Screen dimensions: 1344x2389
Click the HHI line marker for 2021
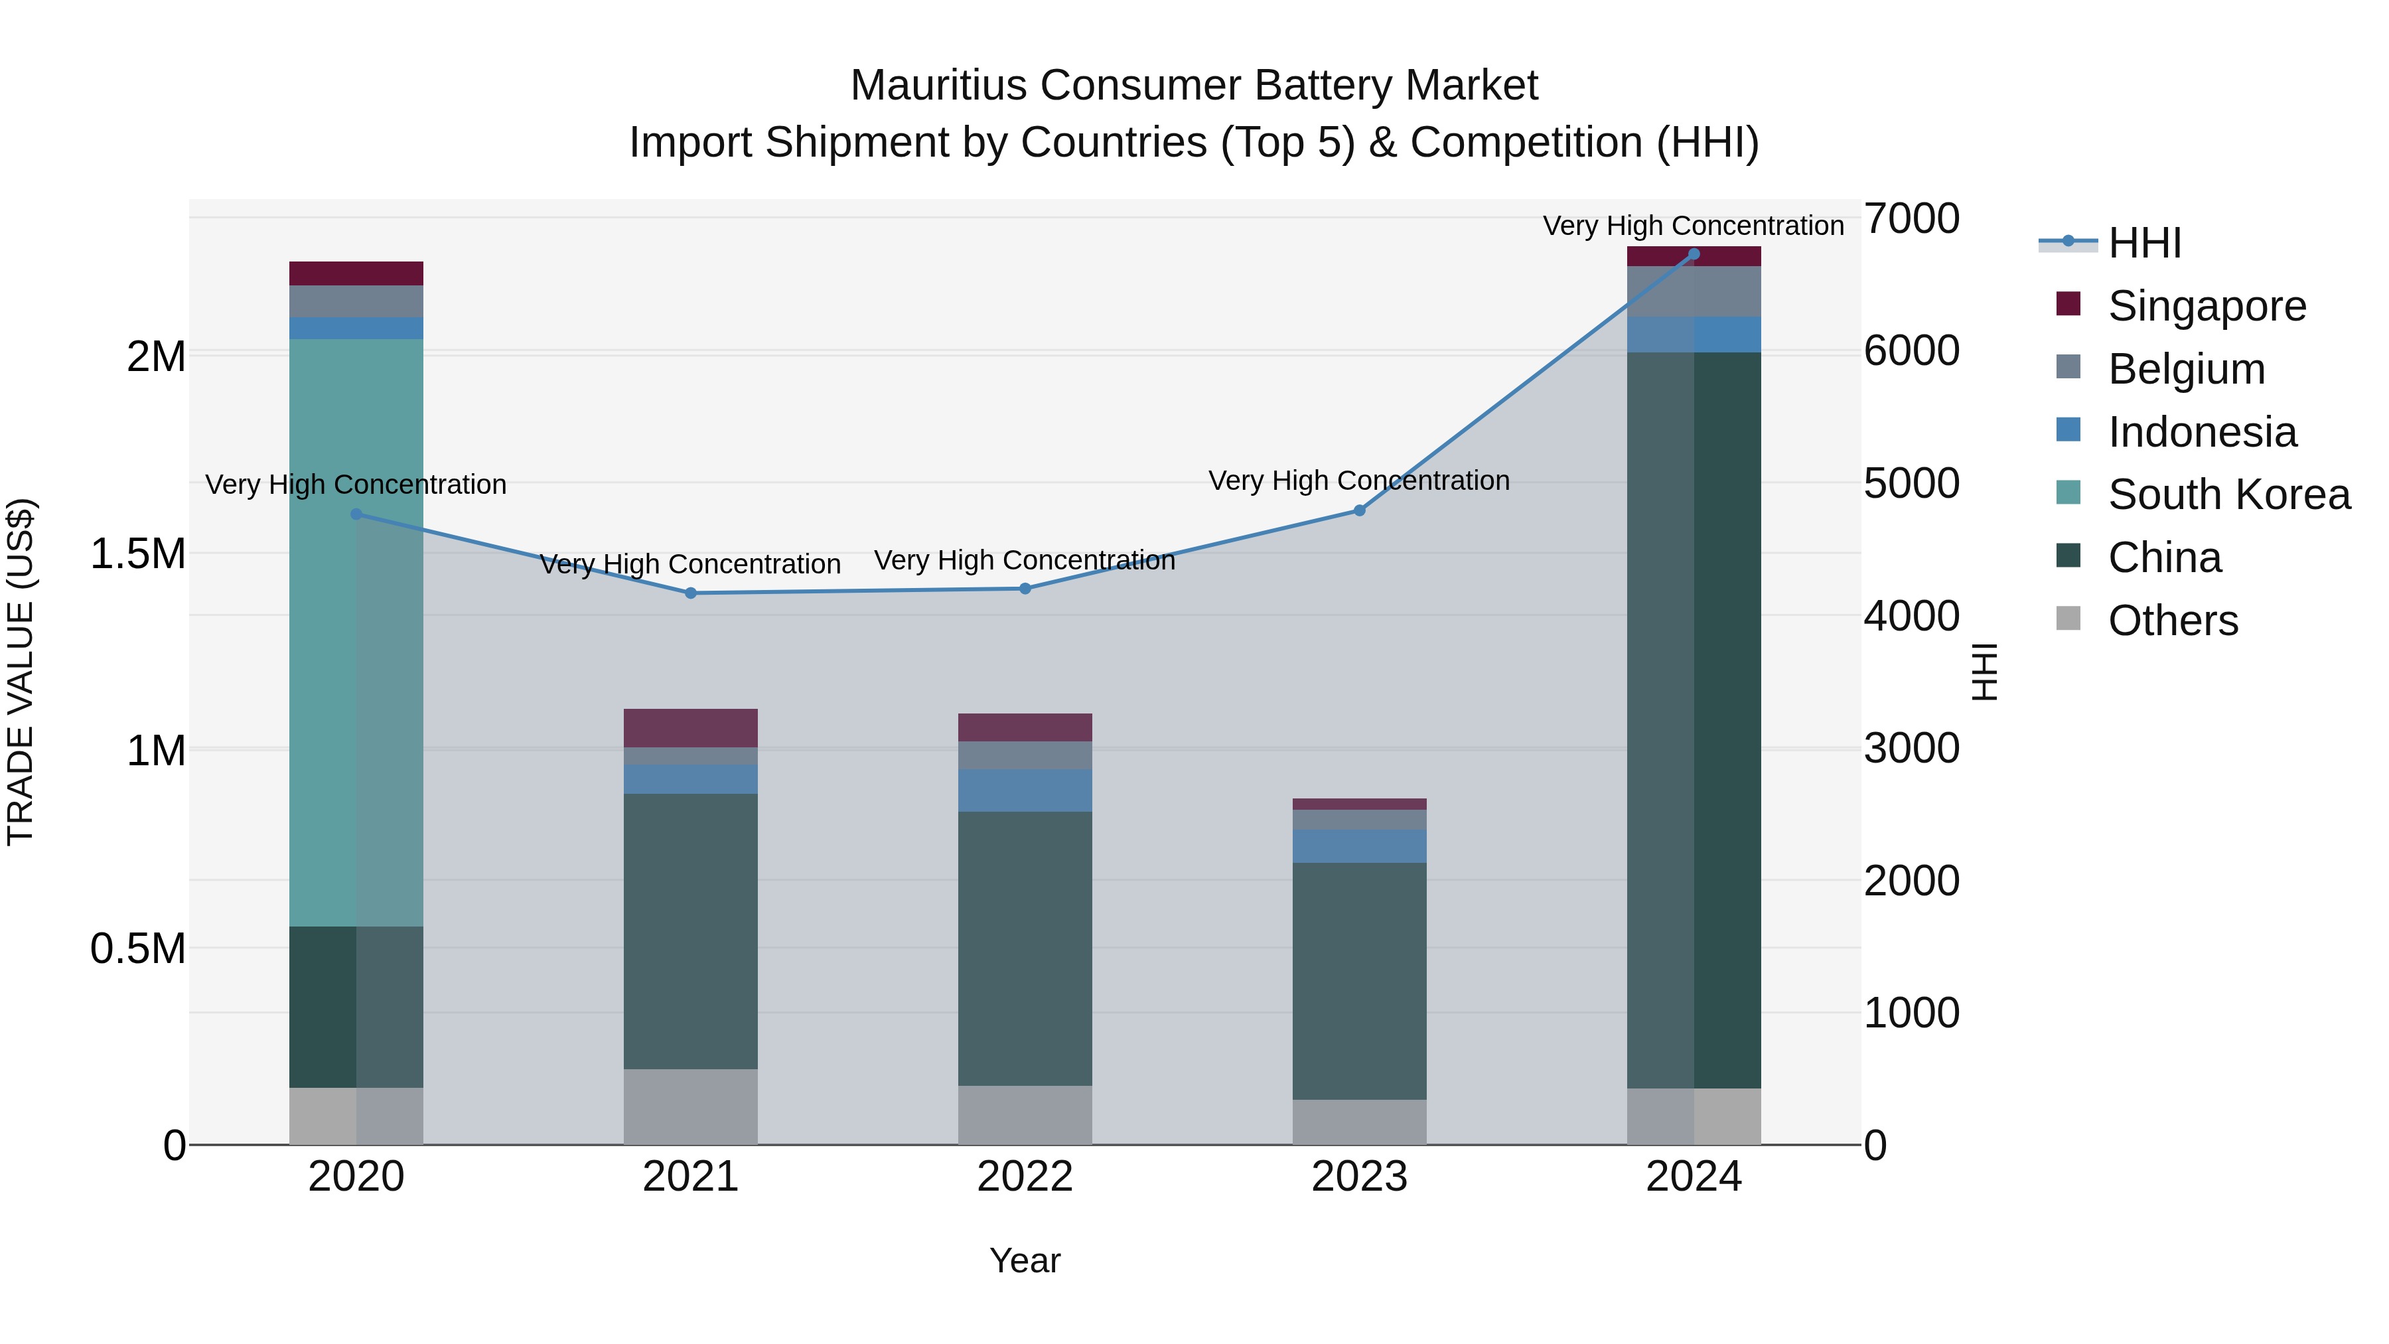[690, 593]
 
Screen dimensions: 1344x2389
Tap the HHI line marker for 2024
[1694, 254]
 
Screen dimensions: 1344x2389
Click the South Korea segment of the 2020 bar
[356, 631]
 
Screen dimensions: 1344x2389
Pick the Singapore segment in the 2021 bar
[690, 727]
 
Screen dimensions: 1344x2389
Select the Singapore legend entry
[2207, 306]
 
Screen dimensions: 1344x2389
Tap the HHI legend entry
[2144, 243]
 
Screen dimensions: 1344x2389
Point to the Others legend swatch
[2068, 619]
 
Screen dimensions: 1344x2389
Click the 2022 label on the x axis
[1025, 1177]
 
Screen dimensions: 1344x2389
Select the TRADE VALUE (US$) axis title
[21, 672]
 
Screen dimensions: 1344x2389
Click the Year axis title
[1025, 1260]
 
